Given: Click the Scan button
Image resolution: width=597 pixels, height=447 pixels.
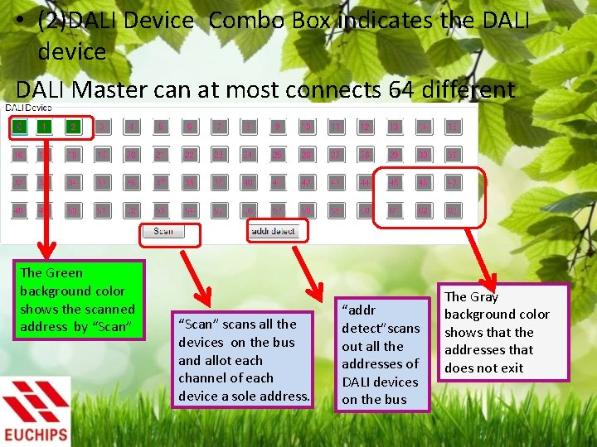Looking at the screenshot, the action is (163, 231).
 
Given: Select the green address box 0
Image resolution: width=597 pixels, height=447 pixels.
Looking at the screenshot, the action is (17, 127).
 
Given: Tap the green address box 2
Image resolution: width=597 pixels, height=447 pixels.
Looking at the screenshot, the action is (74, 127).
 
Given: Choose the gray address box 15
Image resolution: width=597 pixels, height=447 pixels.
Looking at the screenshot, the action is (453, 127).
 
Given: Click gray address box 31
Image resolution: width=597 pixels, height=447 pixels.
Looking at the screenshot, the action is (453, 155).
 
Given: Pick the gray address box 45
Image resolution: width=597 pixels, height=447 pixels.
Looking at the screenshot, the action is (394, 183).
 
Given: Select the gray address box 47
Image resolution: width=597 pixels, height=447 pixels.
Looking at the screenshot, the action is (453, 183).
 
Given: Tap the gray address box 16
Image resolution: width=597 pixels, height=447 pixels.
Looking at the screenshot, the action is (17, 155).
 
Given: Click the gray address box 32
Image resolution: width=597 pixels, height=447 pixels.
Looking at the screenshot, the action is (17, 183).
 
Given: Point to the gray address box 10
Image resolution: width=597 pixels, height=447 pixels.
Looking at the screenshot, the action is (306, 127).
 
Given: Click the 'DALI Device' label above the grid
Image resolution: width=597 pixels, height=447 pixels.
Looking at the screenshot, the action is (28, 108).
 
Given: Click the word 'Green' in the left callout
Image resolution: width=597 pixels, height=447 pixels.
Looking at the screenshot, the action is (64, 272).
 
